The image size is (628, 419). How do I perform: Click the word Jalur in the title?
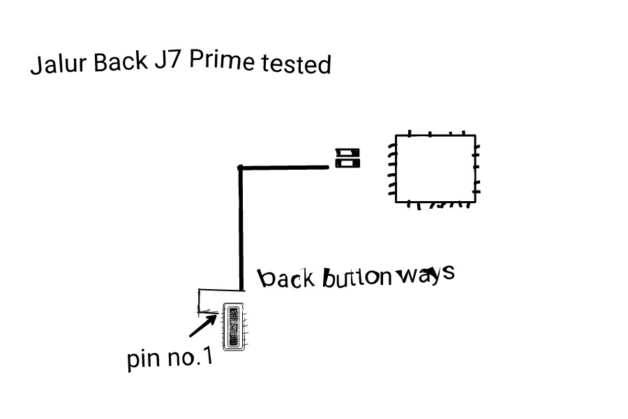(59, 64)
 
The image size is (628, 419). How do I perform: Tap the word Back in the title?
(121, 61)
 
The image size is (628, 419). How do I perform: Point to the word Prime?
(222, 61)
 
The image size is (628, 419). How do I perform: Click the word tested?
(296, 64)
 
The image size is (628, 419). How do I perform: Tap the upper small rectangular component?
(347, 153)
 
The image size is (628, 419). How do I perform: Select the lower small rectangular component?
(347, 163)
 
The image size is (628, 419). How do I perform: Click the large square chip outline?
(435, 168)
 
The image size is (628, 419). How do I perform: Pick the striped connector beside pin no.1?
(234, 327)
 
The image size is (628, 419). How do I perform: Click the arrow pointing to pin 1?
(203, 325)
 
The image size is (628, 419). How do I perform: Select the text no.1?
(190, 357)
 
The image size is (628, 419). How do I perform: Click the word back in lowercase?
(285, 278)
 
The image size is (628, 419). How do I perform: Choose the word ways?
(426, 274)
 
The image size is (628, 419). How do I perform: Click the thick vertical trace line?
(241, 228)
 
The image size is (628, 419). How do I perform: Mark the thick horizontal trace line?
(283, 168)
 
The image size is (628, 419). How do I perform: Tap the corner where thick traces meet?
(240, 168)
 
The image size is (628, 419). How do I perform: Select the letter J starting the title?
(36, 65)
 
